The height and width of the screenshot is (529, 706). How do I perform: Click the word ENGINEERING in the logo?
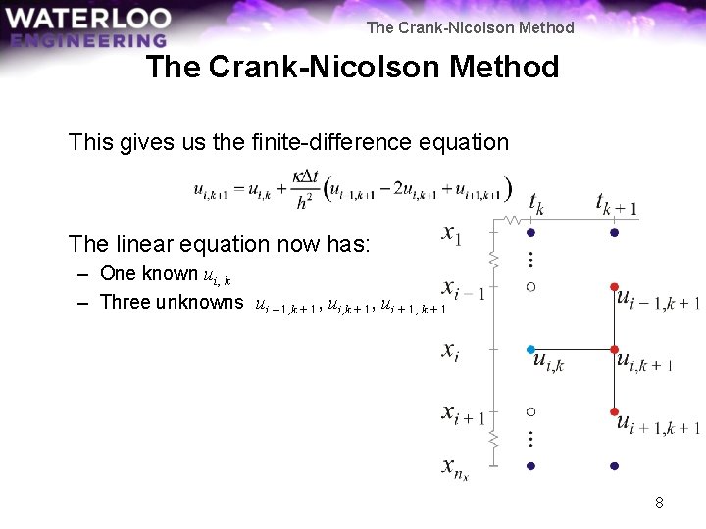(88, 40)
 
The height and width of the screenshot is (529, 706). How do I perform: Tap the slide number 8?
(659, 503)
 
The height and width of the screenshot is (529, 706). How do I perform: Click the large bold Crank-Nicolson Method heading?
(352, 68)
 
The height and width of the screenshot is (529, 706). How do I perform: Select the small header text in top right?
(470, 27)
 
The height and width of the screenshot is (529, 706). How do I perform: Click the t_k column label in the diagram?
(536, 203)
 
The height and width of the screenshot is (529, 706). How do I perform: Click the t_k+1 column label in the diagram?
(616, 204)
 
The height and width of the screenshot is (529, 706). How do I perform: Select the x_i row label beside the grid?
(450, 351)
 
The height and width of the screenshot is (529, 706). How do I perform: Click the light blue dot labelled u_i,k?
(530, 349)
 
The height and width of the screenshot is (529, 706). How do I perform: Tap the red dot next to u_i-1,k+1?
(614, 287)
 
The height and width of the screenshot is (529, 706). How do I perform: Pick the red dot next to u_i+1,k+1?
(614, 411)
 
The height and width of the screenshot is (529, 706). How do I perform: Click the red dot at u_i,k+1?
(614, 349)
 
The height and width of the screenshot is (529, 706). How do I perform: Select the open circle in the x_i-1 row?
(530, 287)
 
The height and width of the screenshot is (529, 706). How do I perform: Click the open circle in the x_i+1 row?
(530, 411)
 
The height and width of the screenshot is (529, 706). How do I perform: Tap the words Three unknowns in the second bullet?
(172, 302)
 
